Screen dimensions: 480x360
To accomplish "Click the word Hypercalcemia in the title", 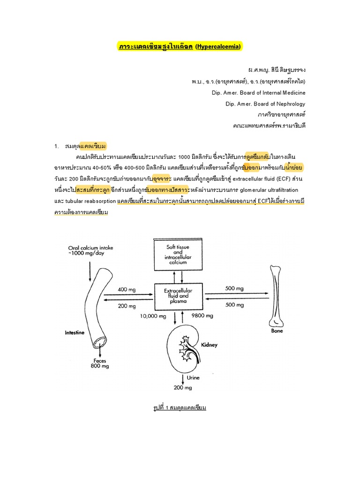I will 219,46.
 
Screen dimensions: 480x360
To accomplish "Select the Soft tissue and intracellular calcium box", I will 176,255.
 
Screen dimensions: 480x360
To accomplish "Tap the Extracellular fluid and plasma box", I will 176,296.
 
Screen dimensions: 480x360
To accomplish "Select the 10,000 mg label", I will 153,316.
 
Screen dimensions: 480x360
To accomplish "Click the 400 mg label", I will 127,290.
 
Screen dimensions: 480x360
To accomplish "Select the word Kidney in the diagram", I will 209,345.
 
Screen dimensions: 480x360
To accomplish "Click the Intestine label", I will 74,332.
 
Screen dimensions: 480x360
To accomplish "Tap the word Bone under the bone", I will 277,330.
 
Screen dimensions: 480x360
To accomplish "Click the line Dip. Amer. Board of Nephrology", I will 265,104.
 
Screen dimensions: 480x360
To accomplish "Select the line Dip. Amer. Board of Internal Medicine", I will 259,92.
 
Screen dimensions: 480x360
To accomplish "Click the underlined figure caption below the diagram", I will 180,407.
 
